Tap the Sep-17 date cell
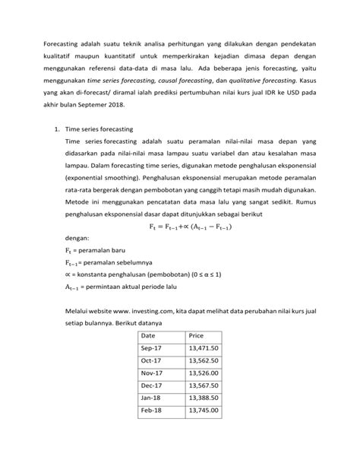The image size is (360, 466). (153, 366)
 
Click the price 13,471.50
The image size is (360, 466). (204, 366)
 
